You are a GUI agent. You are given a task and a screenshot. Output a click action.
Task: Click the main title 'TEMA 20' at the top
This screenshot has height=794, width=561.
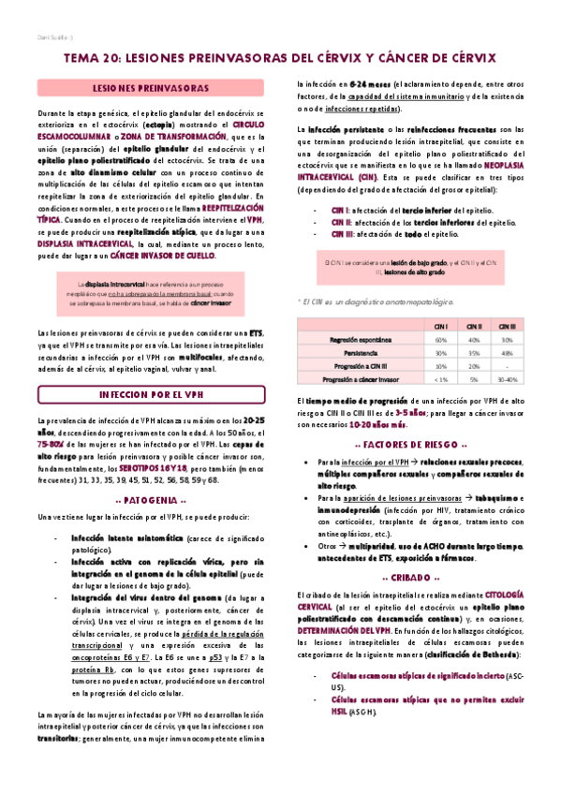[x=280, y=58]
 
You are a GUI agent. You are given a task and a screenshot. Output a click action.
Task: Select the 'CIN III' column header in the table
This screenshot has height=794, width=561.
[x=507, y=325]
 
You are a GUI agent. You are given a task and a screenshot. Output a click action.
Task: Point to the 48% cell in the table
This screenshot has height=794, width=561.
[x=507, y=353]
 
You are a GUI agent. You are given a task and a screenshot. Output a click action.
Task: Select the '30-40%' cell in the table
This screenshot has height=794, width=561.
[x=507, y=380]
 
